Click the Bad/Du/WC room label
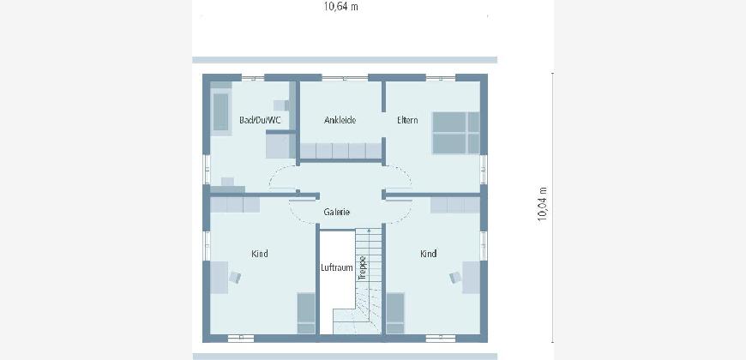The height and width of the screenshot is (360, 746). [260, 120]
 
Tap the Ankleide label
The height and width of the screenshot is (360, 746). [340, 120]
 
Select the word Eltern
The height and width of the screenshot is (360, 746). [407, 120]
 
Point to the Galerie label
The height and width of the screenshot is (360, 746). [337, 212]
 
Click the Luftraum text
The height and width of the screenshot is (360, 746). [337, 267]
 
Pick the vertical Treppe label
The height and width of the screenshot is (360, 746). [362, 267]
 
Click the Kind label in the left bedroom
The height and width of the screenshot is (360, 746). [259, 254]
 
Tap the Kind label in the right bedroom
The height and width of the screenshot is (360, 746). [428, 254]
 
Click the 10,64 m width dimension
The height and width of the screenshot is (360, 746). [340, 7]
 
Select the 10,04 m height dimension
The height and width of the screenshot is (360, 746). [542, 204]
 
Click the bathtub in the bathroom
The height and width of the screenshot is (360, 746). [220, 112]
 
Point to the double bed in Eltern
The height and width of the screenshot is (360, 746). [456, 133]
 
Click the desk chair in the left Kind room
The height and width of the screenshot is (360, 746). [235, 277]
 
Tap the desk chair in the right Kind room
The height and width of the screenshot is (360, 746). [454, 277]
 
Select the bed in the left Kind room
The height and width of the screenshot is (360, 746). [306, 313]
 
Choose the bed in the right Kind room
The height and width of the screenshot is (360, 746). [395, 313]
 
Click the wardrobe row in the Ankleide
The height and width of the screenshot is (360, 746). [340, 151]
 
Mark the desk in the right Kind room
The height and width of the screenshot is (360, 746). [471, 277]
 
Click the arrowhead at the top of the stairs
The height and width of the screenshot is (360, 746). [369, 231]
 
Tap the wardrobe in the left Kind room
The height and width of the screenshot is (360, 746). [235, 205]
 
